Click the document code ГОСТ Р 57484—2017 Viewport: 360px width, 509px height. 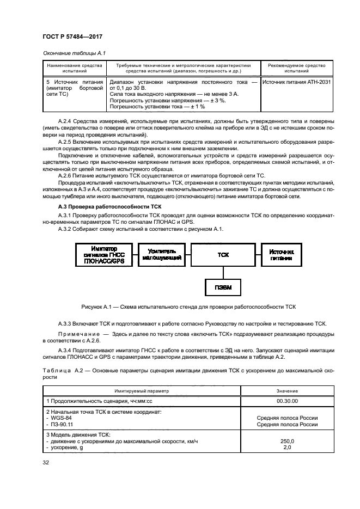point(72,36)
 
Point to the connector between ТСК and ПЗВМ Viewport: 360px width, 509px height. point(223,271)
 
